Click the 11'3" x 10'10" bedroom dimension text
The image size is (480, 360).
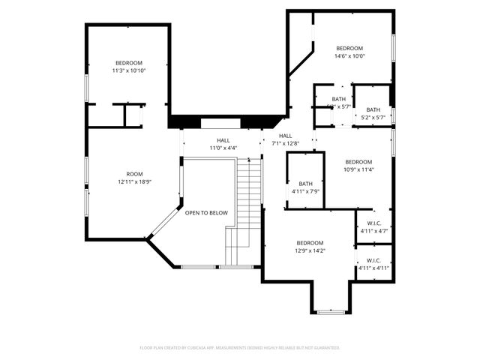point(129,70)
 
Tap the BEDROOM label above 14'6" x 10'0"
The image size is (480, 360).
point(349,48)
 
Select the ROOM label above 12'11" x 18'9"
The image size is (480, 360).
point(134,174)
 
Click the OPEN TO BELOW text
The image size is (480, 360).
point(206,213)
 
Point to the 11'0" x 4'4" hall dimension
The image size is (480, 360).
point(223,148)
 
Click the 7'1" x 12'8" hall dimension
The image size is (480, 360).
point(286,143)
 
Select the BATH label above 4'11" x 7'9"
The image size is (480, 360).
point(305,184)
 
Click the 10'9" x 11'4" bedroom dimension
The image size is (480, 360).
point(358,169)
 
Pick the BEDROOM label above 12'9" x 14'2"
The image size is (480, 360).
point(309,243)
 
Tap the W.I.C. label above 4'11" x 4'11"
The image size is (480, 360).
point(373,260)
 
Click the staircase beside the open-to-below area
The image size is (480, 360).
point(248,202)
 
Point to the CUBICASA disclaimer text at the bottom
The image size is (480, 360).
point(240,348)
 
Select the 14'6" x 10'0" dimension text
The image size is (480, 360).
point(349,55)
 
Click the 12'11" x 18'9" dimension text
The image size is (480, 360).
point(134,182)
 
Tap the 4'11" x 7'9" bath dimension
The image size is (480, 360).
point(305,192)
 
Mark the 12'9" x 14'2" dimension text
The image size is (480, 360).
point(309,251)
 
